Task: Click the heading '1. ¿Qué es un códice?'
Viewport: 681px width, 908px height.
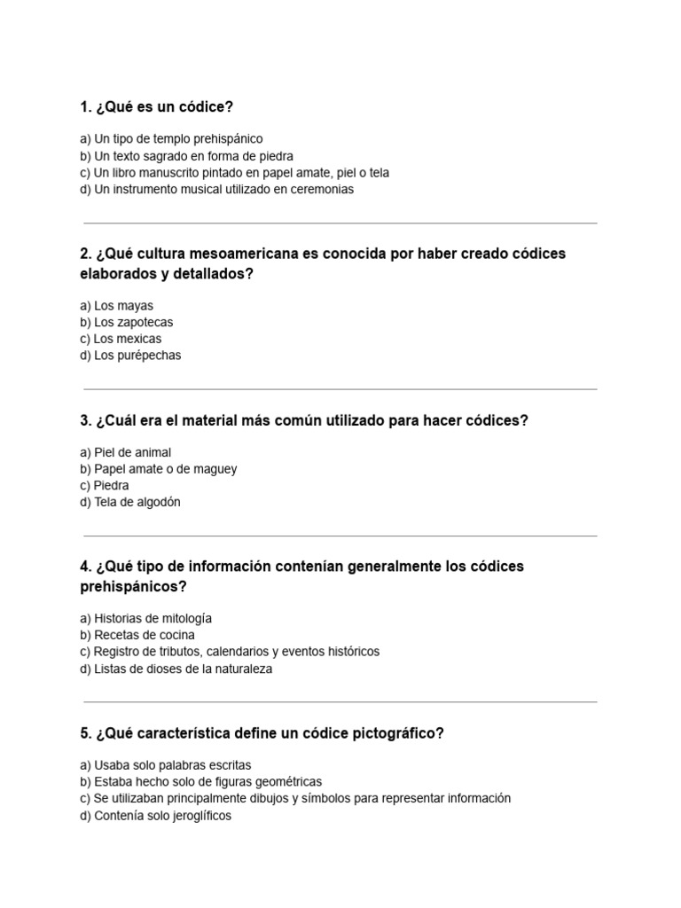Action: (x=156, y=107)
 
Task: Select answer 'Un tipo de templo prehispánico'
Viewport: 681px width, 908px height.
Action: (x=171, y=139)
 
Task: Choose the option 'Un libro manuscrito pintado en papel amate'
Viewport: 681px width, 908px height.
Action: (x=234, y=173)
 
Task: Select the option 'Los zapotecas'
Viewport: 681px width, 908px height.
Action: (x=126, y=323)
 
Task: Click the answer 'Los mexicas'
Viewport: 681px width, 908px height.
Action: (x=121, y=339)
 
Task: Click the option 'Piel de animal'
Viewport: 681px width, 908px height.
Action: (x=125, y=452)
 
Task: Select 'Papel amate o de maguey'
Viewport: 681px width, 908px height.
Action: (x=158, y=469)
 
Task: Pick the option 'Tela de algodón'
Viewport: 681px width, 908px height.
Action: (x=129, y=503)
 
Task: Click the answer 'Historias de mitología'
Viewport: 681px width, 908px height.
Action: (x=145, y=618)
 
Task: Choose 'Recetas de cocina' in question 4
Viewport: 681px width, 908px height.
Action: (x=137, y=635)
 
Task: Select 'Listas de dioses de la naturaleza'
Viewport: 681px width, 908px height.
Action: (x=176, y=669)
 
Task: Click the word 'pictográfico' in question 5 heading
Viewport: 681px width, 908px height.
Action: (x=396, y=734)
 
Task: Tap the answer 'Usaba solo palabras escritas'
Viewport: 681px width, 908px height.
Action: (x=165, y=764)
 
